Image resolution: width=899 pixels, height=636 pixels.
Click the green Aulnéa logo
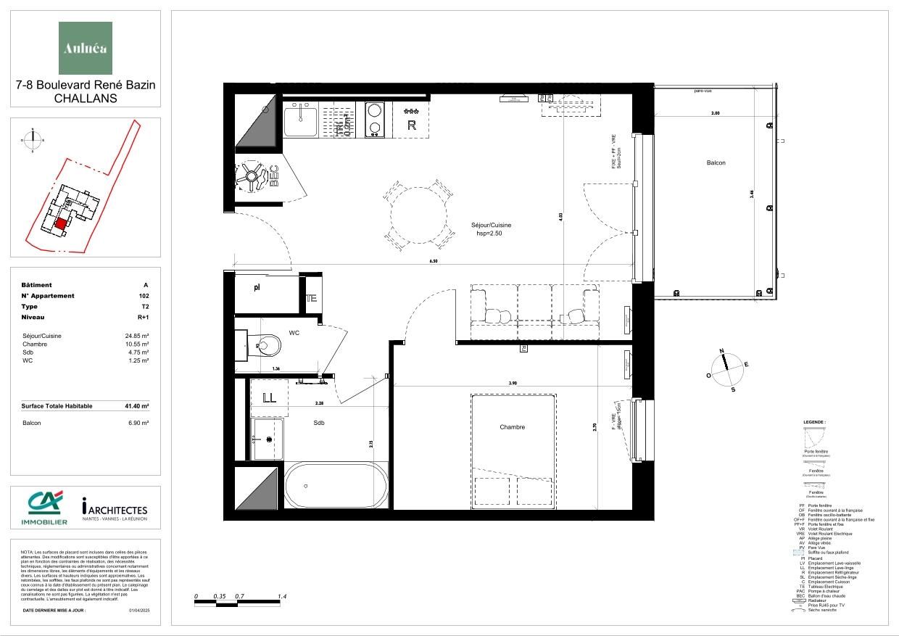[x=86, y=48]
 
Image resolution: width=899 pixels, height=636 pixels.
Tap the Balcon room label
[x=716, y=162]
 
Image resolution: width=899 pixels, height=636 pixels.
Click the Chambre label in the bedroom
[x=512, y=427]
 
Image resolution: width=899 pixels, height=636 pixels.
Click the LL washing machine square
[x=269, y=397]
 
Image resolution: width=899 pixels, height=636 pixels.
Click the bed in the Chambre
[x=513, y=450]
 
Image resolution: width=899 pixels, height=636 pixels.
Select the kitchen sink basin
[x=300, y=120]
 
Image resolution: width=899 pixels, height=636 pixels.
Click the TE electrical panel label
[x=311, y=298]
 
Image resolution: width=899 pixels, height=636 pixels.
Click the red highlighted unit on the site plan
[x=62, y=224]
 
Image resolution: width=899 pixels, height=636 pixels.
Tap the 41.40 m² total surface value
[x=136, y=406]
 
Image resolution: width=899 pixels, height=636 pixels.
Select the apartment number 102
[x=144, y=296]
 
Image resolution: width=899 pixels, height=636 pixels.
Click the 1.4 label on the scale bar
[x=283, y=596]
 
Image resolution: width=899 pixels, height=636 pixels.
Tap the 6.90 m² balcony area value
[x=138, y=423]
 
